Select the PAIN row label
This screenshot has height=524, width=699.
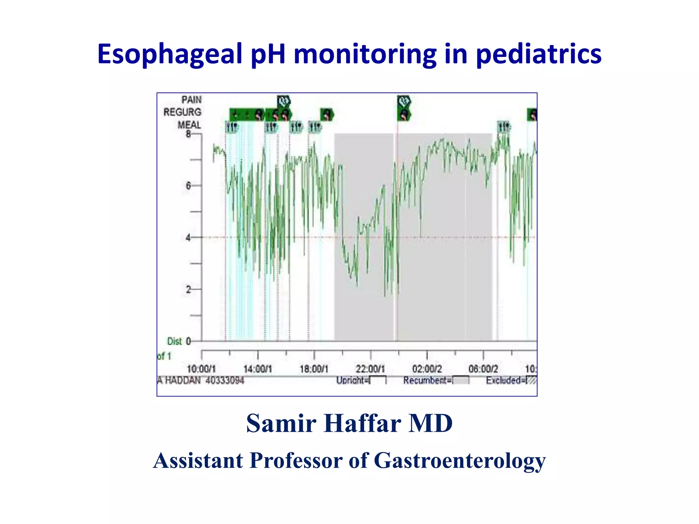(x=191, y=100)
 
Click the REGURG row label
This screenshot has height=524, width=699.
(x=182, y=112)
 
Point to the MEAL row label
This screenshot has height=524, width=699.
(x=189, y=125)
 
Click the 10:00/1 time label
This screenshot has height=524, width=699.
(x=201, y=369)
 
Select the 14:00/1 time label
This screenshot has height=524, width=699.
(x=258, y=369)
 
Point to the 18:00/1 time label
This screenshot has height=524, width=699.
(x=314, y=369)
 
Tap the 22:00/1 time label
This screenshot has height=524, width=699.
(x=370, y=369)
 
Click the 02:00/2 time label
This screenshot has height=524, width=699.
(x=427, y=369)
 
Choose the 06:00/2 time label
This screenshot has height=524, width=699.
(x=483, y=369)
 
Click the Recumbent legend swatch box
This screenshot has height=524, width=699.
(x=461, y=380)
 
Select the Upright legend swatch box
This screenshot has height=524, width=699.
(x=378, y=380)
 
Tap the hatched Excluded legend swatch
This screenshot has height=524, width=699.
(x=531, y=380)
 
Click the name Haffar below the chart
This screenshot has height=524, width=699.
(x=362, y=423)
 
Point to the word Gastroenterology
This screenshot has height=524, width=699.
(x=460, y=461)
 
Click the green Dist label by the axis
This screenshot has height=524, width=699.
(x=174, y=341)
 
